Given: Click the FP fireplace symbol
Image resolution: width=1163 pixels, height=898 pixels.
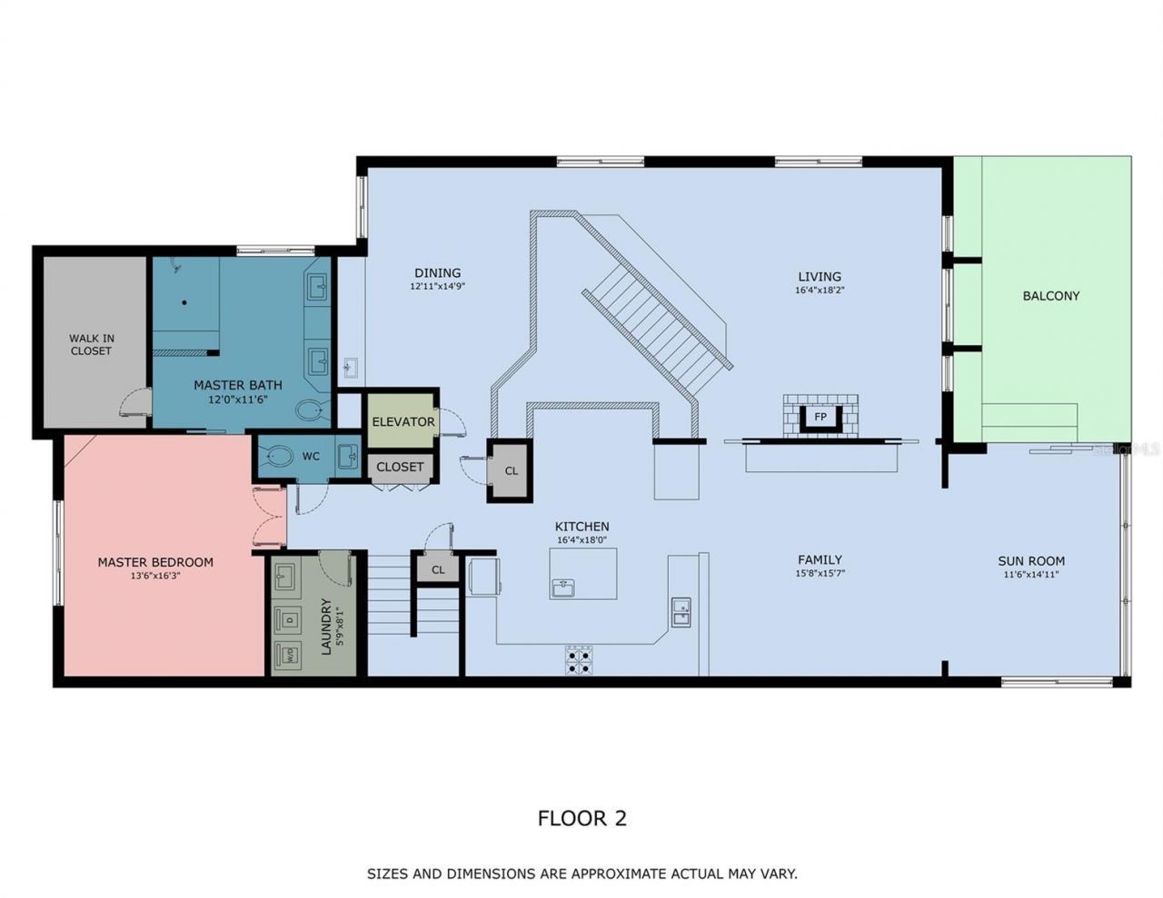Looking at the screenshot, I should (820, 417).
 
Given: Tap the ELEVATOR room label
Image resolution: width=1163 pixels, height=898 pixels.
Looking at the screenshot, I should (403, 422).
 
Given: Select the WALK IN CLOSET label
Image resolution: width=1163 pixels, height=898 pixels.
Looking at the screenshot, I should (91, 344).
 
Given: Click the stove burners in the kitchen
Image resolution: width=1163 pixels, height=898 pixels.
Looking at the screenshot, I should (579, 660).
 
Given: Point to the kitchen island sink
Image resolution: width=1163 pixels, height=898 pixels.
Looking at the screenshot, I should (563, 587).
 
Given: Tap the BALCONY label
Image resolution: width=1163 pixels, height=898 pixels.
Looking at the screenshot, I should (1050, 296).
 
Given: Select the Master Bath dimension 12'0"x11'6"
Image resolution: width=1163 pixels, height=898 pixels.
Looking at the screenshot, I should (238, 399).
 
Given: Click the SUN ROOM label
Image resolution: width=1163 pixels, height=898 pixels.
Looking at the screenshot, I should (1031, 561).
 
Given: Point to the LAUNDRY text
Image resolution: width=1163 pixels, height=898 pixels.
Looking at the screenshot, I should (326, 627).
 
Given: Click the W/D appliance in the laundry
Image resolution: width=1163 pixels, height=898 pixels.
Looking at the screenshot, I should (286, 653).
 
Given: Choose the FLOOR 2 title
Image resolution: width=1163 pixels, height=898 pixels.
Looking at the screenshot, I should (581, 818).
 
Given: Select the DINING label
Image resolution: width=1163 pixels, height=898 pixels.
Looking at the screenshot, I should (437, 272).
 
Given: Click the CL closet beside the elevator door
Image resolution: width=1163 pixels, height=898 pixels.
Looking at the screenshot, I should (511, 471).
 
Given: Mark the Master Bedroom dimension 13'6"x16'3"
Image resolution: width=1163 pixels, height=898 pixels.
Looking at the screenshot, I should (155, 575).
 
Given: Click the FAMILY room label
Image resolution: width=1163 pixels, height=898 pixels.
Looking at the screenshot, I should (820, 560).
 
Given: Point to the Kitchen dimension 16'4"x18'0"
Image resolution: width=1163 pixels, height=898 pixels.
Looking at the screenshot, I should (582, 539).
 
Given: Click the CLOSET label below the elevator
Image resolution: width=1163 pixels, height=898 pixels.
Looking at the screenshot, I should (400, 467).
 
